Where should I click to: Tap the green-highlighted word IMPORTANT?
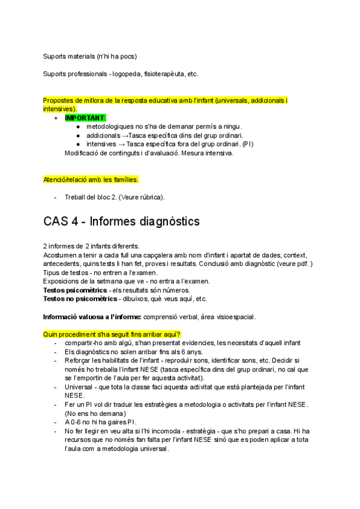85,118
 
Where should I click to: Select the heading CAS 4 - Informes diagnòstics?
122,221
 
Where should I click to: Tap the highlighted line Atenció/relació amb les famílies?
91,179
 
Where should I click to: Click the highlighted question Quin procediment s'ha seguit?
112,334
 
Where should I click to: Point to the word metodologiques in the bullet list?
111,127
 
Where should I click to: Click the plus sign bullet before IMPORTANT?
56,118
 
